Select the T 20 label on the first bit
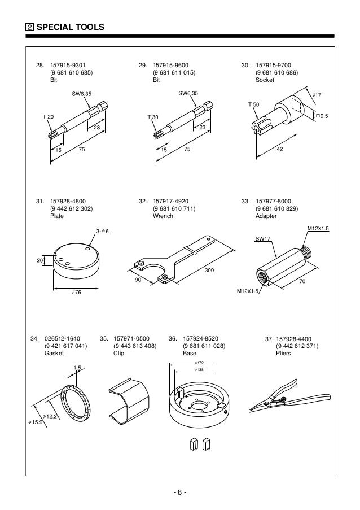click(49, 116)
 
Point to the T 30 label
click(152, 116)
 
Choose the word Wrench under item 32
click(163, 216)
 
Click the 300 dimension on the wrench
click(209, 271)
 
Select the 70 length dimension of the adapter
click(302, 281)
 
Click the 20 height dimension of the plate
click(39, 260)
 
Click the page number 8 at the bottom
click(180, 491)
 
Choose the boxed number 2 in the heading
click(29, 27)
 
